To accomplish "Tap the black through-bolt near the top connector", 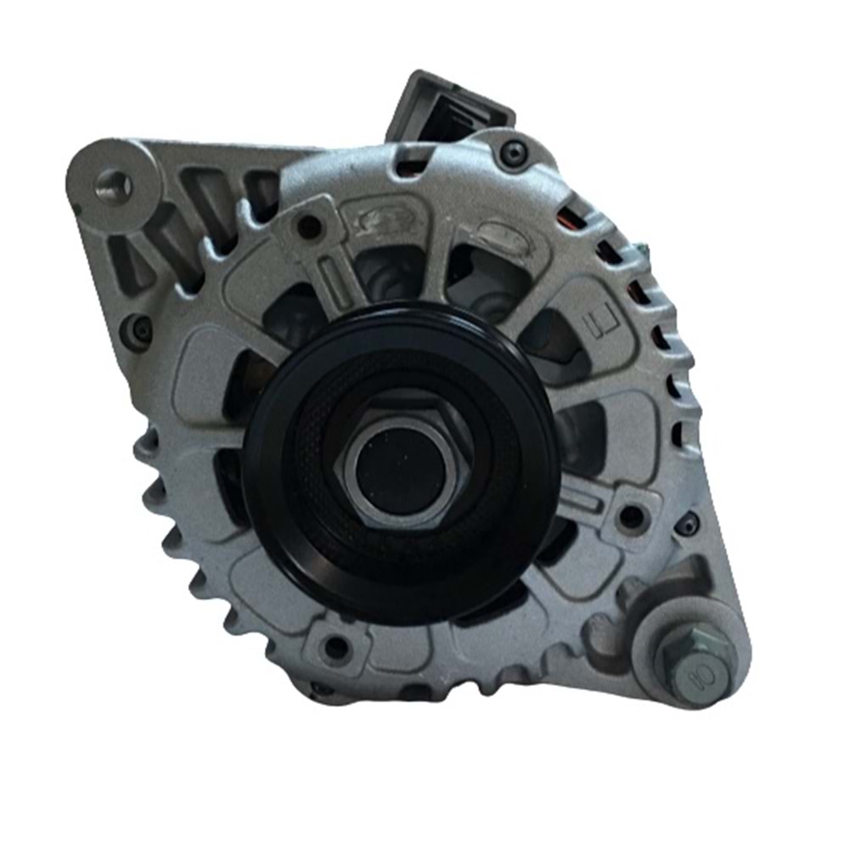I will (513, 154).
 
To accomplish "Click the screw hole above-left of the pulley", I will (311, 228).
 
